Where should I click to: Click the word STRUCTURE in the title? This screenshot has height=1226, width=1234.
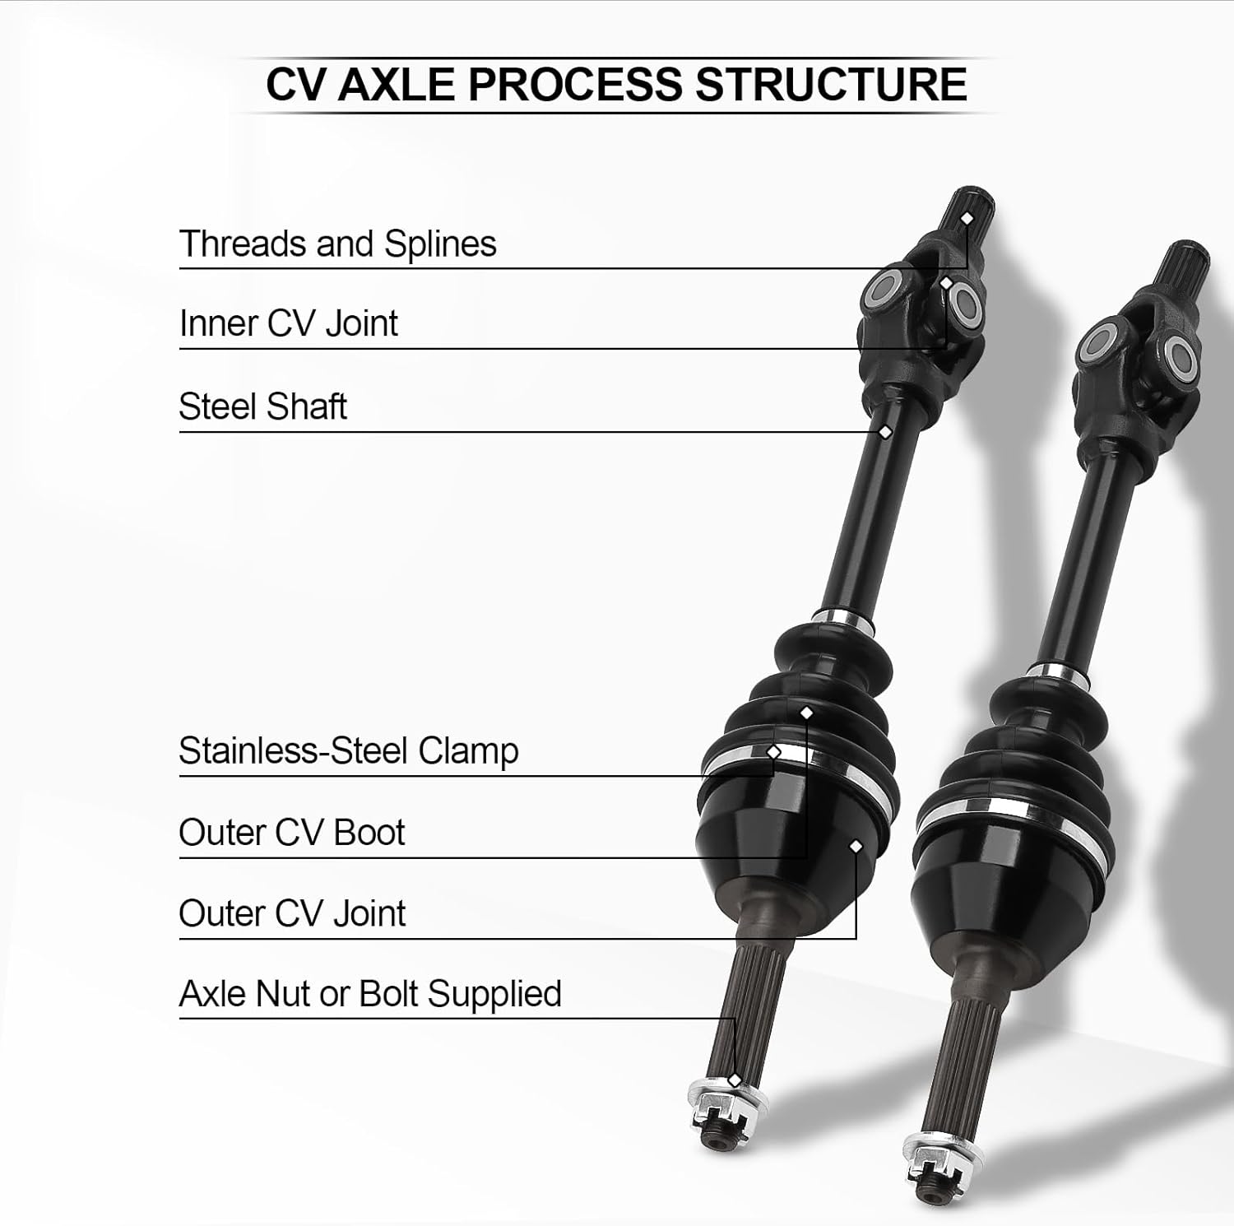[831, 85]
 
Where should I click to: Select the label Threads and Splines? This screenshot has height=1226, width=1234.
[337, 244]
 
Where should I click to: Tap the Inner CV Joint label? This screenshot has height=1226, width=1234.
[288, 323]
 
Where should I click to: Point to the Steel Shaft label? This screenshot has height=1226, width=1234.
[262, 406]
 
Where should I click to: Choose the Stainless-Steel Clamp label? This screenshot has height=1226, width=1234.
[348, 750]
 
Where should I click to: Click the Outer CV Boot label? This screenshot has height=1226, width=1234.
[291, 832]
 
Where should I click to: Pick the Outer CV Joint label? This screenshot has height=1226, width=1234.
[291, 913]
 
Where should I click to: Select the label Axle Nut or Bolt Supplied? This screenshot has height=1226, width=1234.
[369, 994]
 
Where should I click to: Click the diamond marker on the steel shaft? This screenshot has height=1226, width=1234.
[885, 431]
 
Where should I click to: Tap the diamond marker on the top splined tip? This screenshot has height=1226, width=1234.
[967, 218]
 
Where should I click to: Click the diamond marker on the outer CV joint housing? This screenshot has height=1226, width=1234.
[856, 846]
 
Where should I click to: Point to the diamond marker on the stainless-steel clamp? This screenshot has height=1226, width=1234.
[773, 752]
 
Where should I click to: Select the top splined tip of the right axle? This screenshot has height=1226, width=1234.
[1185, 262]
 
